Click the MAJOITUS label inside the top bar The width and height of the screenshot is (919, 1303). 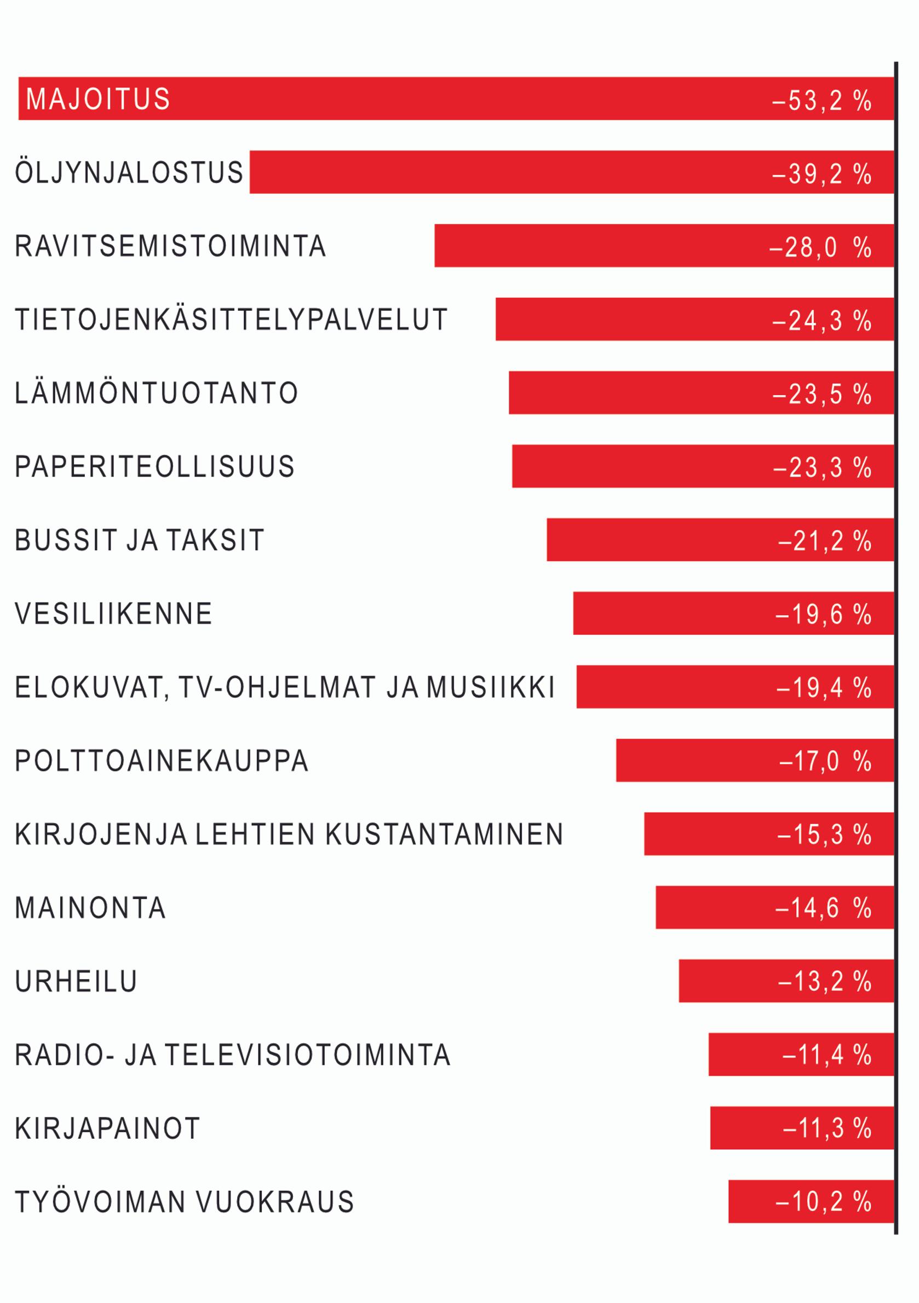(97, 99)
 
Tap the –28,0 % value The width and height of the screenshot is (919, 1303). (820, 247)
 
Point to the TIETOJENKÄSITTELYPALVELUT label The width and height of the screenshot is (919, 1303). (231, 320)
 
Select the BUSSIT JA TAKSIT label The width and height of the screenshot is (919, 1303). (140, 540)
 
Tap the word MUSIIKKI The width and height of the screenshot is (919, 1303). (490, 687)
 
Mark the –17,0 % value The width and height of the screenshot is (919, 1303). (825, 761)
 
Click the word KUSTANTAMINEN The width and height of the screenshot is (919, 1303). (444, 834)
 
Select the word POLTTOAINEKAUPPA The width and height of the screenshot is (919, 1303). (162, 761)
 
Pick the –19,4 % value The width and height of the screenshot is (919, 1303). (824, 688)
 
